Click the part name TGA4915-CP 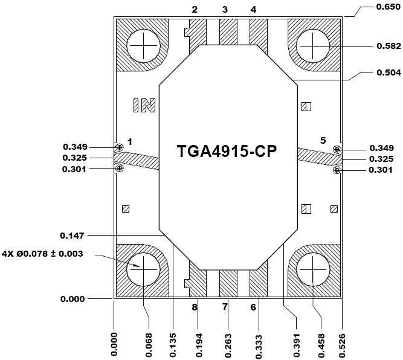pos(227,151)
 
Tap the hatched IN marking pos(144,105)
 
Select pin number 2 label pos(195,10)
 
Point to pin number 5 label pos(323,140)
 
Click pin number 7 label pos(225,307)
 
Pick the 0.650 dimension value pos(388,7)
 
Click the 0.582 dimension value pos(389,46)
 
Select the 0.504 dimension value pos(389,72)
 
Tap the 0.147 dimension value pos(72,236)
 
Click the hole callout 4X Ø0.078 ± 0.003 pos(42,254)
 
